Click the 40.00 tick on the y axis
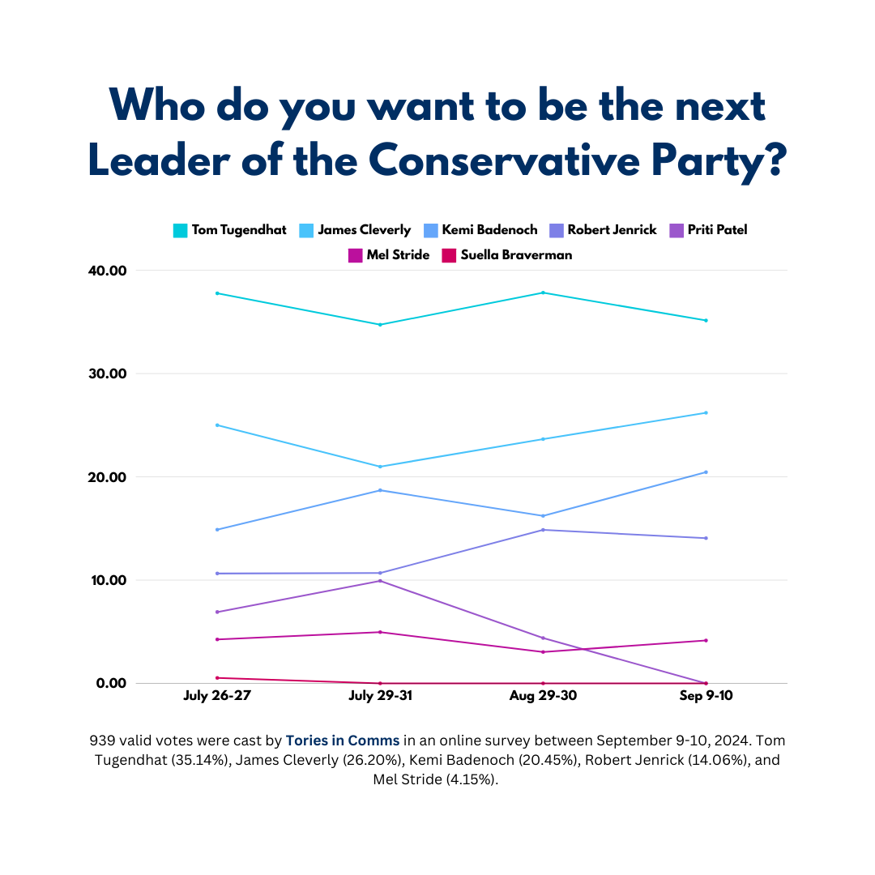click(106, 271)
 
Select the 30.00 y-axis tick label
click(106, 373)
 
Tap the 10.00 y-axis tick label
click(106, 580)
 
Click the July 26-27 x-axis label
click(217, 697)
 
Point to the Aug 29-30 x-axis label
click(543, 697)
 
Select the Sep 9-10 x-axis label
click(706, 697)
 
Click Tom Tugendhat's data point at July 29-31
click(380, 325)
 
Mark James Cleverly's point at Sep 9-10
click(706, 412)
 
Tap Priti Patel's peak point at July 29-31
click(380, 581)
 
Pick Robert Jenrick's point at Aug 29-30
click(543, 530)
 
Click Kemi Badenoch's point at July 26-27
click(217, 529)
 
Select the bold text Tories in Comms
click(342, 741)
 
